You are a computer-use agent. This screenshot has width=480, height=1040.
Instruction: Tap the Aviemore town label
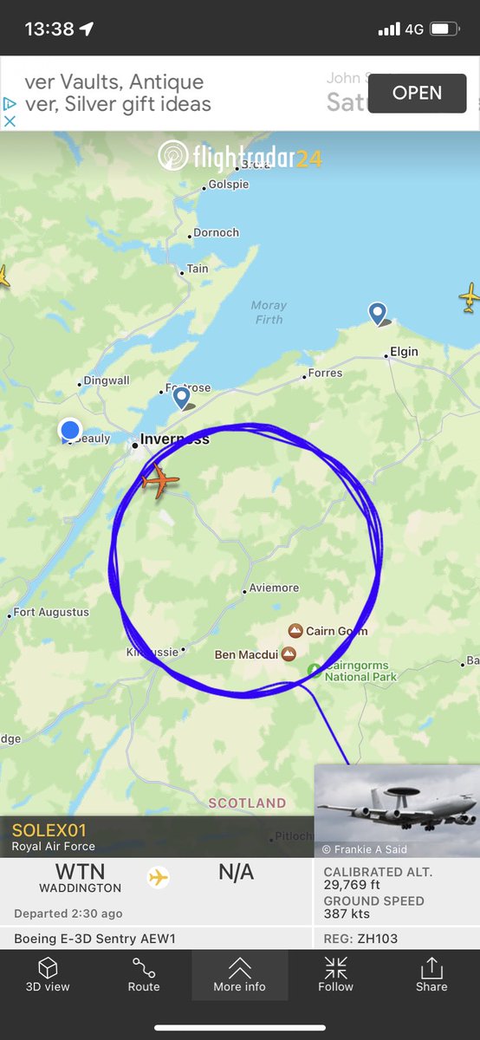273,588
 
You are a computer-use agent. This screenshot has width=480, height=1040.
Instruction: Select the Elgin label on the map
404,352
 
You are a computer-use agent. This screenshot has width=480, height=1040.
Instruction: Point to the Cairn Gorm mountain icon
295,631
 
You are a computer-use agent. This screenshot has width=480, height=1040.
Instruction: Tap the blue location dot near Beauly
69,429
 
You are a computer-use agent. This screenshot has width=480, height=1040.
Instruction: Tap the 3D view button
48,975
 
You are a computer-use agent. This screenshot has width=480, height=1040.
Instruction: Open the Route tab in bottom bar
144,975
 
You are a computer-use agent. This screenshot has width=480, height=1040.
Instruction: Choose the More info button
240,975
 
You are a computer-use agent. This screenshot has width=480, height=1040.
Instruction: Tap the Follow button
335,975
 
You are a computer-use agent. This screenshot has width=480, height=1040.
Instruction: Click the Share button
431,975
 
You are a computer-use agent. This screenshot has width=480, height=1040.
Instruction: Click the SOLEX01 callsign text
49,830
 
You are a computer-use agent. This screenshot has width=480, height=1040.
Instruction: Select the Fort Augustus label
51,613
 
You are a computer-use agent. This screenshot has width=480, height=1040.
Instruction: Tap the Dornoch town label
216,233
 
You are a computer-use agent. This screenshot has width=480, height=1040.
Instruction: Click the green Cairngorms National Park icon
315,670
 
